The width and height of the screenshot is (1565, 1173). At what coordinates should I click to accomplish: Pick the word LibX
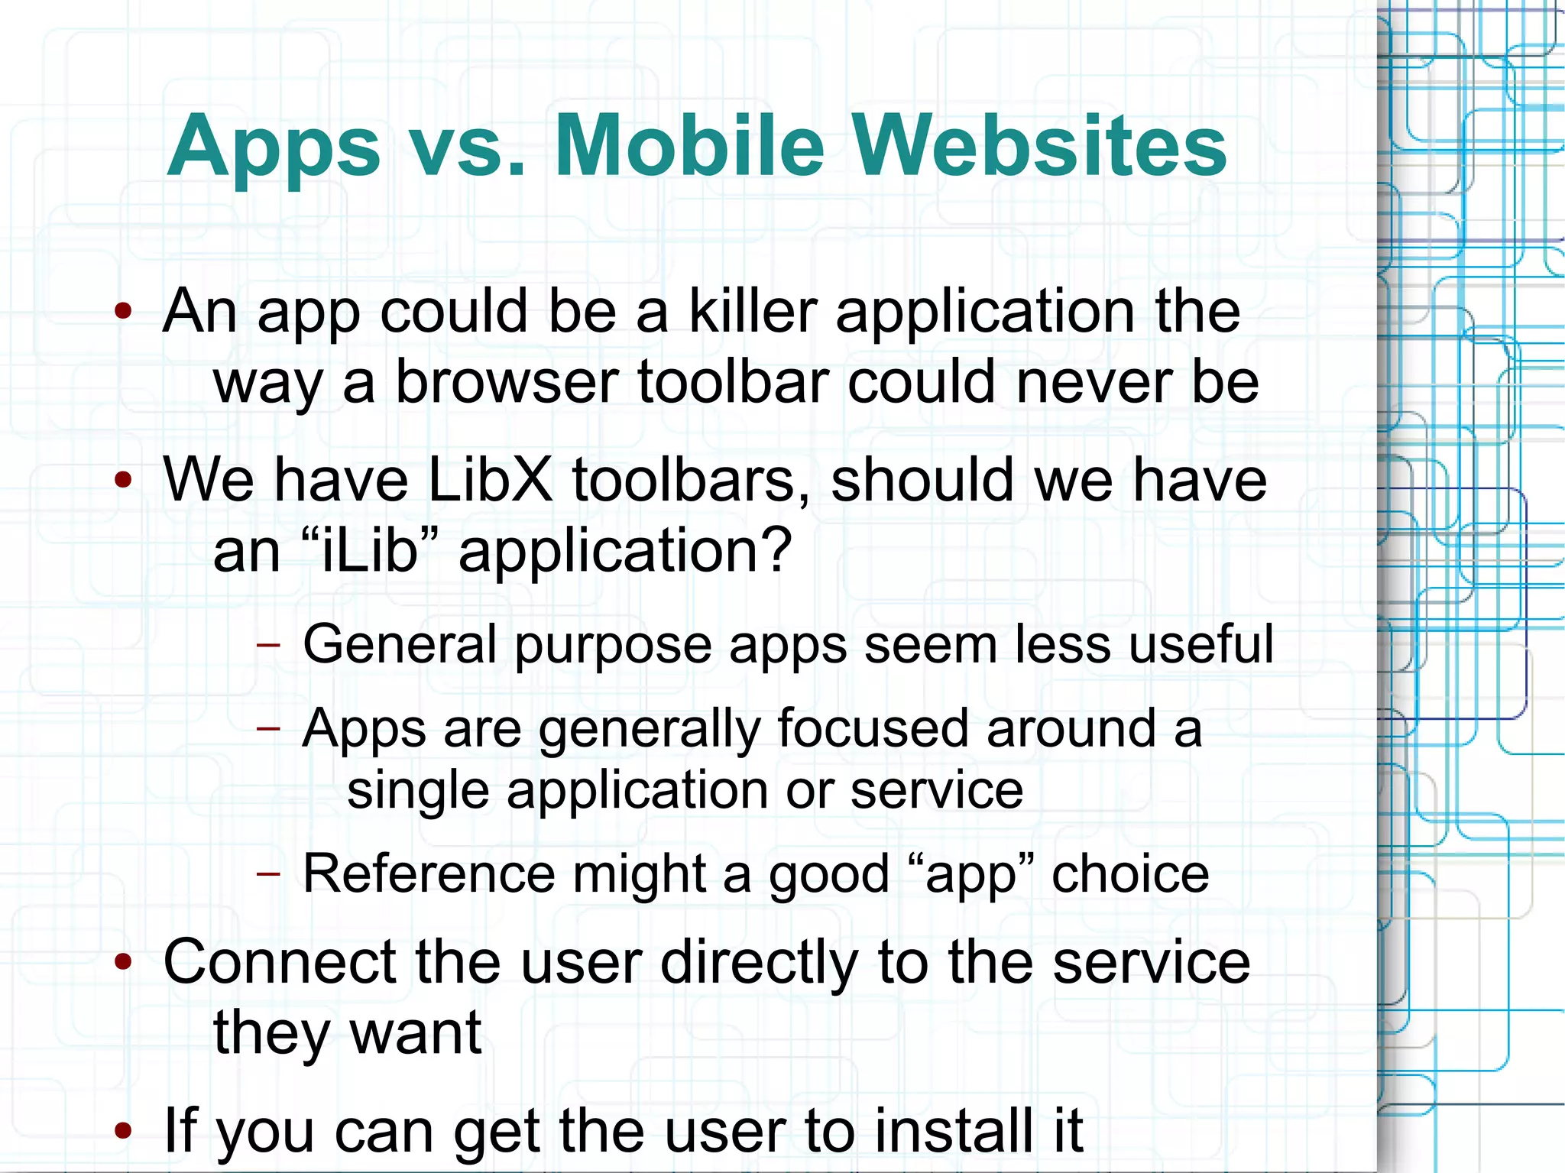[489, 480]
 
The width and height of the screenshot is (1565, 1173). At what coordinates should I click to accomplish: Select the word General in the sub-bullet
[400, 644]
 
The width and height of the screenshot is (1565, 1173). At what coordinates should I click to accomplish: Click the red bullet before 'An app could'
[123, 311]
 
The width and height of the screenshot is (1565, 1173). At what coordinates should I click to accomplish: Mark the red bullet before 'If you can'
[123, 1130]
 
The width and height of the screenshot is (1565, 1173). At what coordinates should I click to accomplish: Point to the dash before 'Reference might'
[268, 873]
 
